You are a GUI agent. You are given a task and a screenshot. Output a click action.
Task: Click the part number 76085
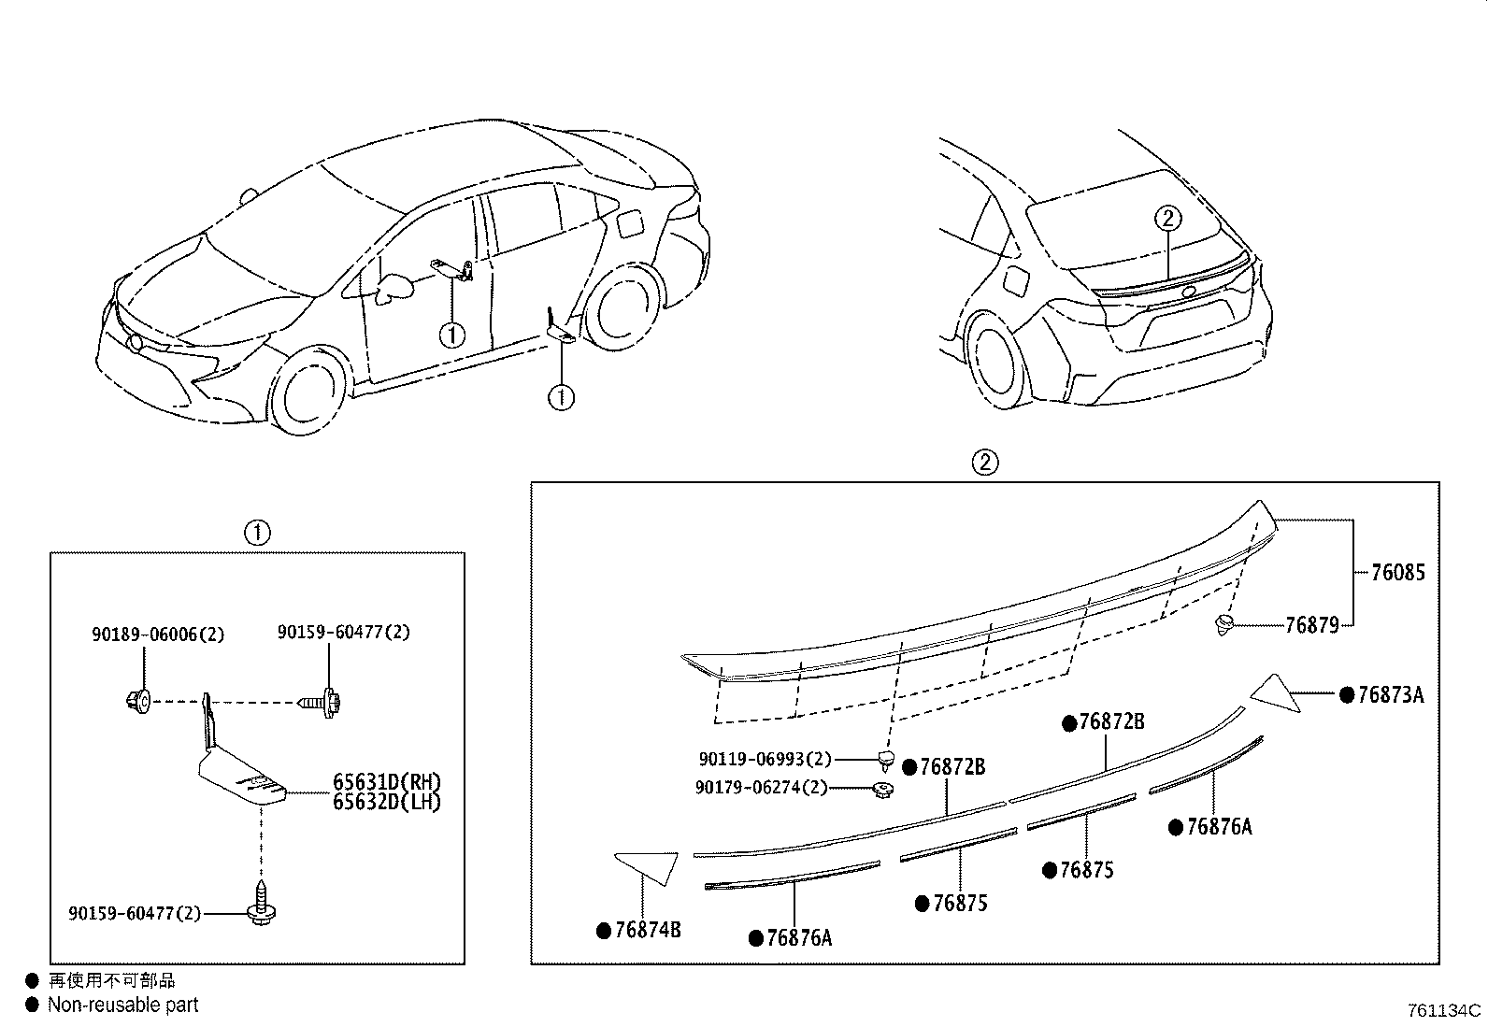coord(1398,572)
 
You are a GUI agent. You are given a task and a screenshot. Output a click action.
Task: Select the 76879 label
coord(1312,625)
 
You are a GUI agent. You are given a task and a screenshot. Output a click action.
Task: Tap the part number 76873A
coord(1391,694)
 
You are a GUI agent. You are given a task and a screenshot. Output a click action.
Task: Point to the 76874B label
coord(648,931)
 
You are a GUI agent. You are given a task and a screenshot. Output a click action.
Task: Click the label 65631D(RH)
coord(386,782)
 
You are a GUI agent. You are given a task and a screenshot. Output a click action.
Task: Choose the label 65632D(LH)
coord(386,802)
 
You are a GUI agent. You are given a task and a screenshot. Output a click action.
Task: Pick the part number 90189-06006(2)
coord(158,634)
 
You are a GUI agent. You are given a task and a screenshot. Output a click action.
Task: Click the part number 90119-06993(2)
coord(765,761)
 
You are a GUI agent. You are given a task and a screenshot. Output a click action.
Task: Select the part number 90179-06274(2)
coord(761,788)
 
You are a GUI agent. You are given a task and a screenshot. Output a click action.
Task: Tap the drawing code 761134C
coord(1444,1011)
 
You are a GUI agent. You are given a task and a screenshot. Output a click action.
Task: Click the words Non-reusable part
coord(123,1006)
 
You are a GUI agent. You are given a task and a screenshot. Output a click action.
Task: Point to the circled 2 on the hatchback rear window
coord(1168,219)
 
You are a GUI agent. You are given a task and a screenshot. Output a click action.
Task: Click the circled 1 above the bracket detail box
coord(257,534)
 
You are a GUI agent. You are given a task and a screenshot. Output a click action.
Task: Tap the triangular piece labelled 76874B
coord(651,864)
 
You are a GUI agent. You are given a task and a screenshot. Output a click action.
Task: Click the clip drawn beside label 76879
coord(1224,624)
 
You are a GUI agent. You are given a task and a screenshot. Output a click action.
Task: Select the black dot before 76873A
coord(1347,694)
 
